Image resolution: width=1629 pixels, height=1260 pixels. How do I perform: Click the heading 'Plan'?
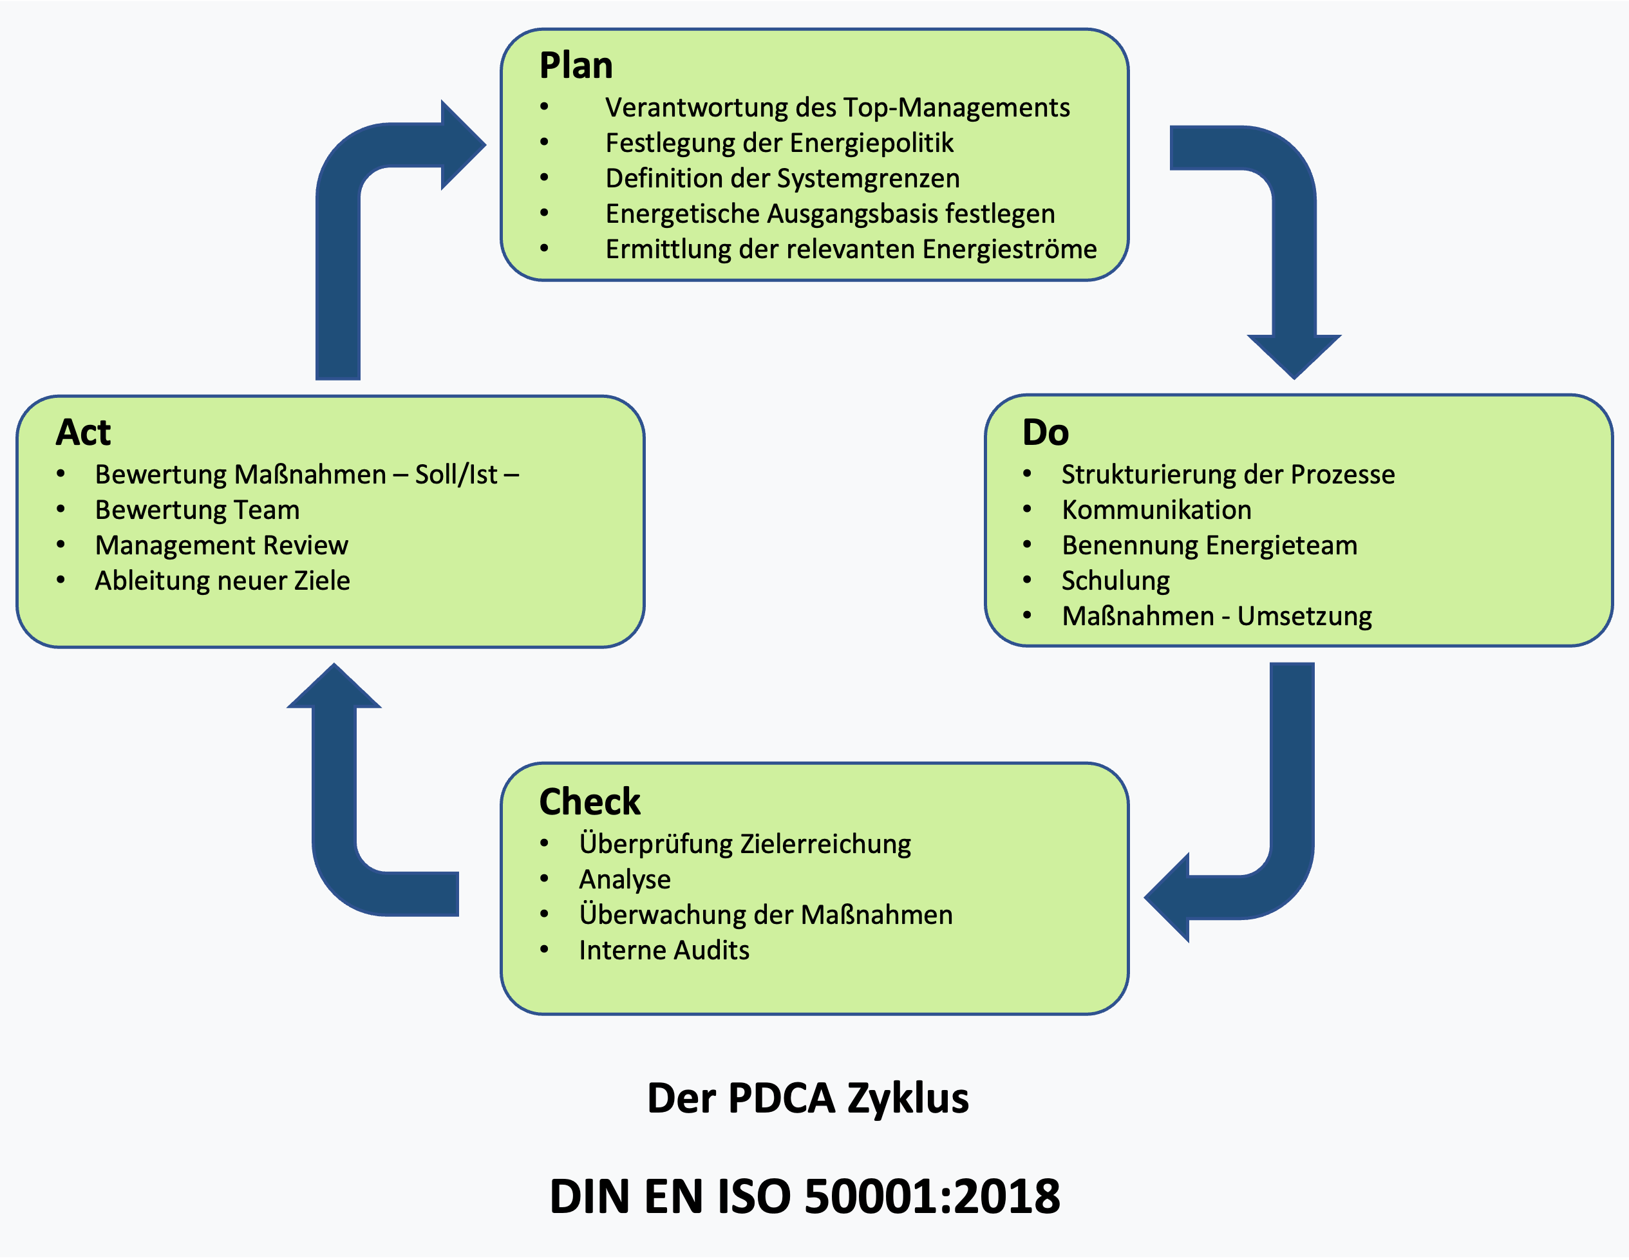[x=576, y=66]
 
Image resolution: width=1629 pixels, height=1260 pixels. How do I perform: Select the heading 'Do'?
[x=1045, y=433]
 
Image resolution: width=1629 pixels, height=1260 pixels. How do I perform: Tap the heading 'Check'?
[x=589, y=802]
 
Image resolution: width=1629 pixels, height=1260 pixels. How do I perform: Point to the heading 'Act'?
[x=83, y=433]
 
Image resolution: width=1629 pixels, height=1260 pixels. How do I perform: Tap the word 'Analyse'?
[x=625, y=879]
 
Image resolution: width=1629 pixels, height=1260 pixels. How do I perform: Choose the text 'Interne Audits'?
[x=664, y=950]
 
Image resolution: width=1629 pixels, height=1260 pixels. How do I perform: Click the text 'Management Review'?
[x=221, y=545]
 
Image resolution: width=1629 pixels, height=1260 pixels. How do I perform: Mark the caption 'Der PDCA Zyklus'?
[x=808, y=1098]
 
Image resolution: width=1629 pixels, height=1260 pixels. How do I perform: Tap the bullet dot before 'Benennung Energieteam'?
[x=1027, y=545]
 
